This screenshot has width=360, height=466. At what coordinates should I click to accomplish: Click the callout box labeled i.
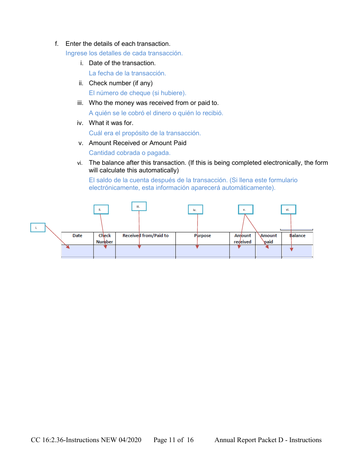(38, 227)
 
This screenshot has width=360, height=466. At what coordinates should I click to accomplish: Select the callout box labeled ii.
(101, 210)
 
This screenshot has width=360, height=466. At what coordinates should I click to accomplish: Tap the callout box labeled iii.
(139, 206)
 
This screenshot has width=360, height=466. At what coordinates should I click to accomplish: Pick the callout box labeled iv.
(195, 210)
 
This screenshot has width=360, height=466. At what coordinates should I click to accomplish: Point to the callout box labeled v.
(246, 210)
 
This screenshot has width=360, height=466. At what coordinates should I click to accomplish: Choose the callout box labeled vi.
(288, 210)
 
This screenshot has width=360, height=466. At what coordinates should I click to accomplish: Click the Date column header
(77, 236)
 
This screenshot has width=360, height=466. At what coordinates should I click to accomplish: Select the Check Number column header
(105, 238)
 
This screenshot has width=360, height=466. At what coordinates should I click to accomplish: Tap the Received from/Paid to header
(146, 236)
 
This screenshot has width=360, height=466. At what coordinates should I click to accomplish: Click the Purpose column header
(202, 236)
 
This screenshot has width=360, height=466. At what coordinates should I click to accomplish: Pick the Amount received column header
(243, 238)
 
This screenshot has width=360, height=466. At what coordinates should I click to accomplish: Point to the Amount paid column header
(268, 238)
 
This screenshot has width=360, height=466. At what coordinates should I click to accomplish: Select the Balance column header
(297, 236)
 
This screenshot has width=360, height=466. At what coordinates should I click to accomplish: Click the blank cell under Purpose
(202, 251)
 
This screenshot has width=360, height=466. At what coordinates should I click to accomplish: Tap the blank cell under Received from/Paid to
(146, 251)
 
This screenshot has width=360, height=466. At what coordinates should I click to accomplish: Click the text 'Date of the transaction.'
(122, 63)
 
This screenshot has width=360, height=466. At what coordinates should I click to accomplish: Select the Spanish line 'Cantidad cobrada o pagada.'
(130, 153)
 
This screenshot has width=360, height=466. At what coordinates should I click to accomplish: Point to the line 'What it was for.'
(111, 123)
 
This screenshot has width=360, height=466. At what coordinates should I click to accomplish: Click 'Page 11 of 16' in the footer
(174, 440)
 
